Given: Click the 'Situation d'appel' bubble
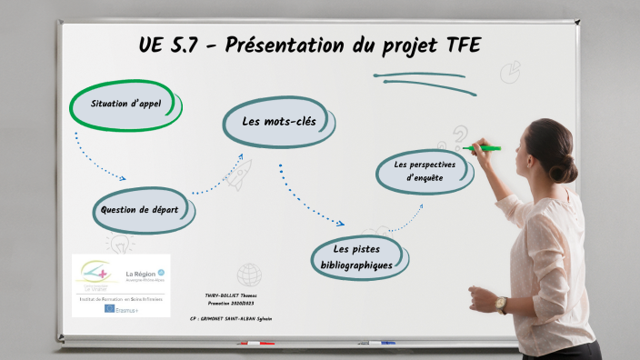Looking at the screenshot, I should pos(126,105).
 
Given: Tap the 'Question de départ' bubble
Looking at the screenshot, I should pos(145,210).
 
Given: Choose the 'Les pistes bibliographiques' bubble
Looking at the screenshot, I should pos(355,257).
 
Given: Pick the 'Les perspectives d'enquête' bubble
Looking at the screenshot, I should pos(425,171).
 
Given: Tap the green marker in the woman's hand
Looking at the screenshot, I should pos(484,147).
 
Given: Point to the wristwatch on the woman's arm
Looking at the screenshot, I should pos(501,304).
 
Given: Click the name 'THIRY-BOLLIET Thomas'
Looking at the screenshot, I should pos(233,295).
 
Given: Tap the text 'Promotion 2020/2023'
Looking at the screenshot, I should pos(233,305).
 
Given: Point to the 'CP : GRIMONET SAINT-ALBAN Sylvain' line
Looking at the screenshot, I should pos(232,319).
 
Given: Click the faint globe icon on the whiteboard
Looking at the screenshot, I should pos(249,274).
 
